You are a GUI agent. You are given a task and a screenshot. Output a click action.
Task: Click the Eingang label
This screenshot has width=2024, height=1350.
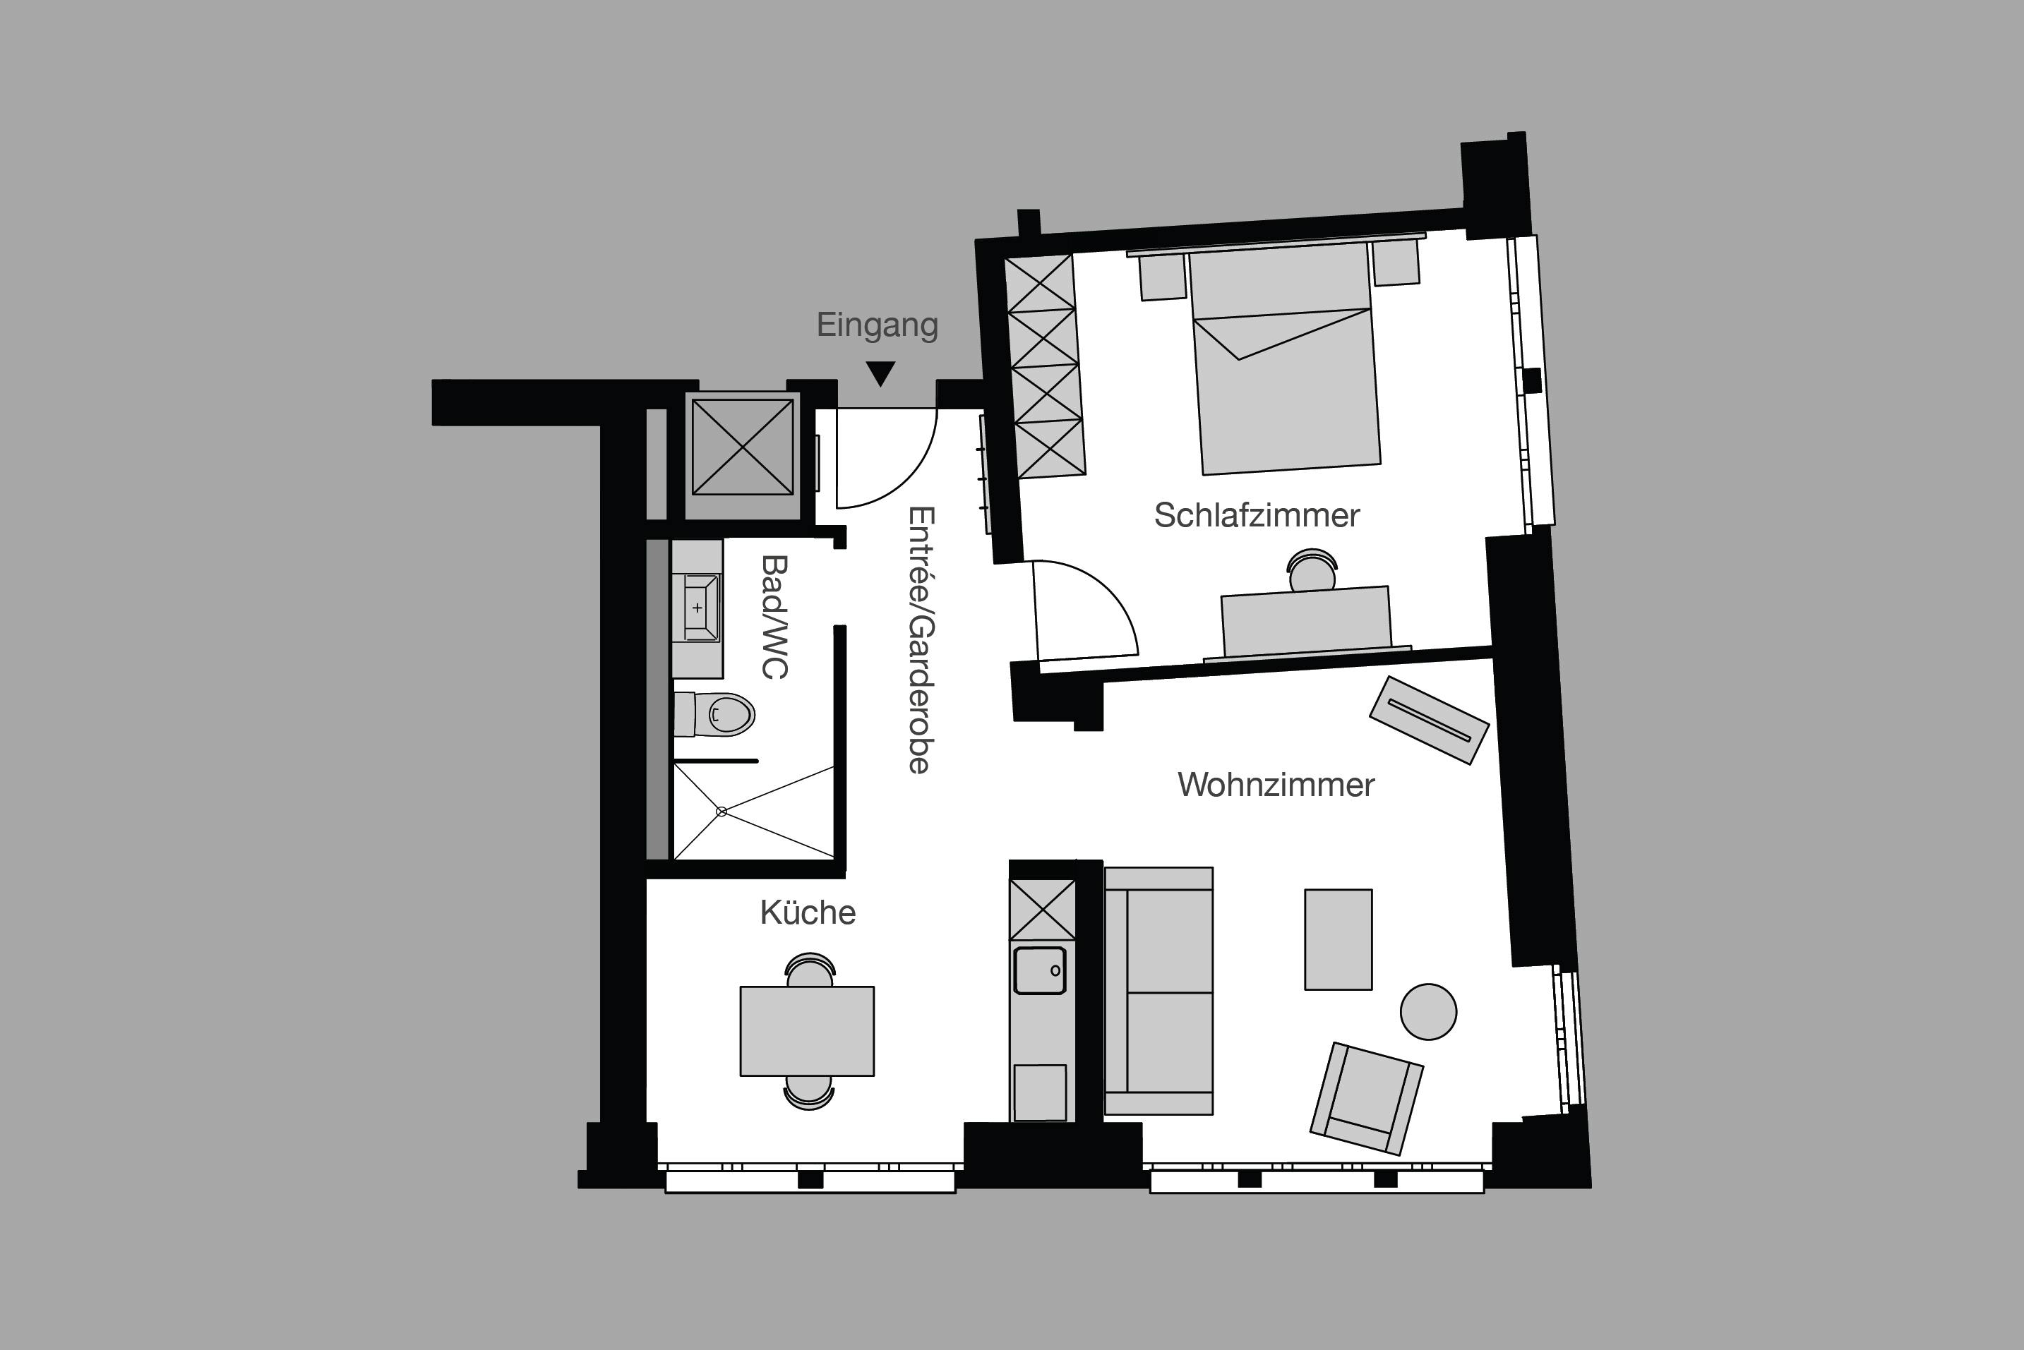(877, 325)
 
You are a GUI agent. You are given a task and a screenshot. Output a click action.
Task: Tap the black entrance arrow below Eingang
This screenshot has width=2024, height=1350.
(880, 373)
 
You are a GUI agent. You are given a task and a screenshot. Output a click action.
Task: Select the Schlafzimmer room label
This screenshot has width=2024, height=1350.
(1256, 516)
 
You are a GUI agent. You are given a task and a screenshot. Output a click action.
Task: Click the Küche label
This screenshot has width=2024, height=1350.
(807, 912)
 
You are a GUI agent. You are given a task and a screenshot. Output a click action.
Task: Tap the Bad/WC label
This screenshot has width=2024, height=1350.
(775, 617)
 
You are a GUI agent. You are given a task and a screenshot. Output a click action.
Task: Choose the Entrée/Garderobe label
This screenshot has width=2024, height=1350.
(921, 639)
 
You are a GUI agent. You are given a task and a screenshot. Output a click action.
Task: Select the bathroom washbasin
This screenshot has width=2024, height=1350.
(698, 608)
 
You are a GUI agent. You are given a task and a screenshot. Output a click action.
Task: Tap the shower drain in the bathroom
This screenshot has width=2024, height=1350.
(721, 811)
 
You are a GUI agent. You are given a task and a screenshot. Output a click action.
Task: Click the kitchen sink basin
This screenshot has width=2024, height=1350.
(1040, 970)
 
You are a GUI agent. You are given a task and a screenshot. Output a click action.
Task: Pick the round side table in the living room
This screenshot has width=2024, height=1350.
(1428, 1012)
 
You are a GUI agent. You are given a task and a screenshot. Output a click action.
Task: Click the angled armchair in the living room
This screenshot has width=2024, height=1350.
(1366, 1098)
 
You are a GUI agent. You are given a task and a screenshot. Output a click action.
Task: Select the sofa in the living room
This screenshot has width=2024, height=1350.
(1158, 991)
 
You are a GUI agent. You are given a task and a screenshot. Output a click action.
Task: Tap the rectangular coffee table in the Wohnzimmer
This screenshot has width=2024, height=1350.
(1338, 939)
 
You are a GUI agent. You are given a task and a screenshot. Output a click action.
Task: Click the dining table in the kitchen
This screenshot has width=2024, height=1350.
(807, 1030)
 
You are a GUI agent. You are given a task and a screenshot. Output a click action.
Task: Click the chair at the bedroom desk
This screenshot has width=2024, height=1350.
(1311, 570)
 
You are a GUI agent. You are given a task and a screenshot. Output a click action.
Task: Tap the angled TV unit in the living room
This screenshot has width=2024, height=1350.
(1429, 720)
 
